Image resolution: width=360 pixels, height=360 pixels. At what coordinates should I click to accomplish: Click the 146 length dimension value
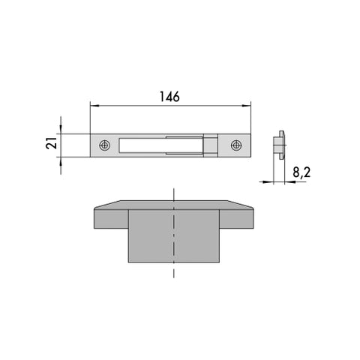pyautogui.click(x=169, y=97)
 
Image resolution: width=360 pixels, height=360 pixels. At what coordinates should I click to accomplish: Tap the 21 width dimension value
pyautogui.click(x=52, y=143)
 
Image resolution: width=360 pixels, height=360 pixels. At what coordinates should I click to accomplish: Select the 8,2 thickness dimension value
pyautogui.click(x=301, y=172)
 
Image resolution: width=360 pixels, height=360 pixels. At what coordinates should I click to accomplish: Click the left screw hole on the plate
pyautogui.click(x=105, y=145)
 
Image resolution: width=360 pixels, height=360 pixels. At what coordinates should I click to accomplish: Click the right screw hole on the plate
pyautogui.click(x=236, y=145)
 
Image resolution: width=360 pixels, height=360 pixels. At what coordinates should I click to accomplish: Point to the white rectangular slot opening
pyautogui.click(x=160, y=145)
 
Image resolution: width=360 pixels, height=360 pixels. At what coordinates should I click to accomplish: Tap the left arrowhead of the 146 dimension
pyautogui.click(x=94, y=106)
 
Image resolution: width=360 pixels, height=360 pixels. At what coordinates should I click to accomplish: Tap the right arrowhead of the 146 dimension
pyautogui.click(x=246, y=106)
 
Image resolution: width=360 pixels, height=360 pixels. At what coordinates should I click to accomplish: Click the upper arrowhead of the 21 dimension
pyautogui.click(x=61, y=129)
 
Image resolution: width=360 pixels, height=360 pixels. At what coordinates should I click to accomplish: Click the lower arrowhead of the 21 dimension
pyautogui.click(x=61, y=162)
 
